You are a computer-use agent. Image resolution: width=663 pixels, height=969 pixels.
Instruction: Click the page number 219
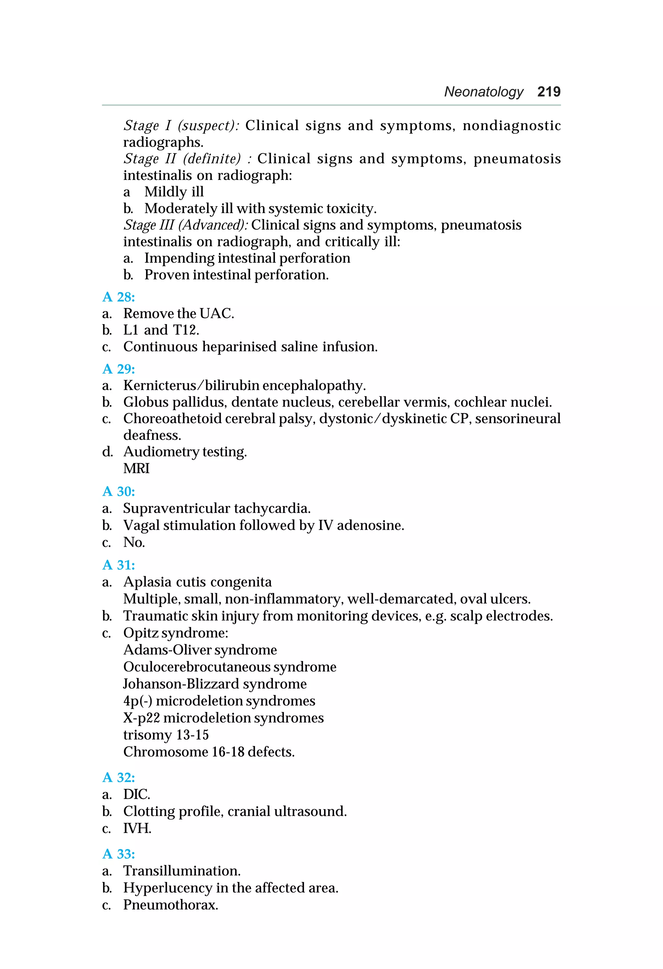(549, 91)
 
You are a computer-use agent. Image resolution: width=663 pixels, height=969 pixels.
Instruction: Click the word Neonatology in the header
(484, 92)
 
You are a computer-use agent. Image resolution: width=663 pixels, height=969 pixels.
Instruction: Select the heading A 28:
(118, 297)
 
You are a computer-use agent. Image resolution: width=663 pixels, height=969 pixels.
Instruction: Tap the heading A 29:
(118, 369)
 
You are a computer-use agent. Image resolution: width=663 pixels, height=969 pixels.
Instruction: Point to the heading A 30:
(118, 491)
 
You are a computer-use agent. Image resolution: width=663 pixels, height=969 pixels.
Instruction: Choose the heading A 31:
(118, 565)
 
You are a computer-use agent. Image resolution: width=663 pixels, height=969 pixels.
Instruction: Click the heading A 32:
(118, 777)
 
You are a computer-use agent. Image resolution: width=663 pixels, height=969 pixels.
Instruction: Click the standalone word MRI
(136, 469)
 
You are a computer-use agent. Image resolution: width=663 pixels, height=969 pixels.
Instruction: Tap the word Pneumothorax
(170, 905)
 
